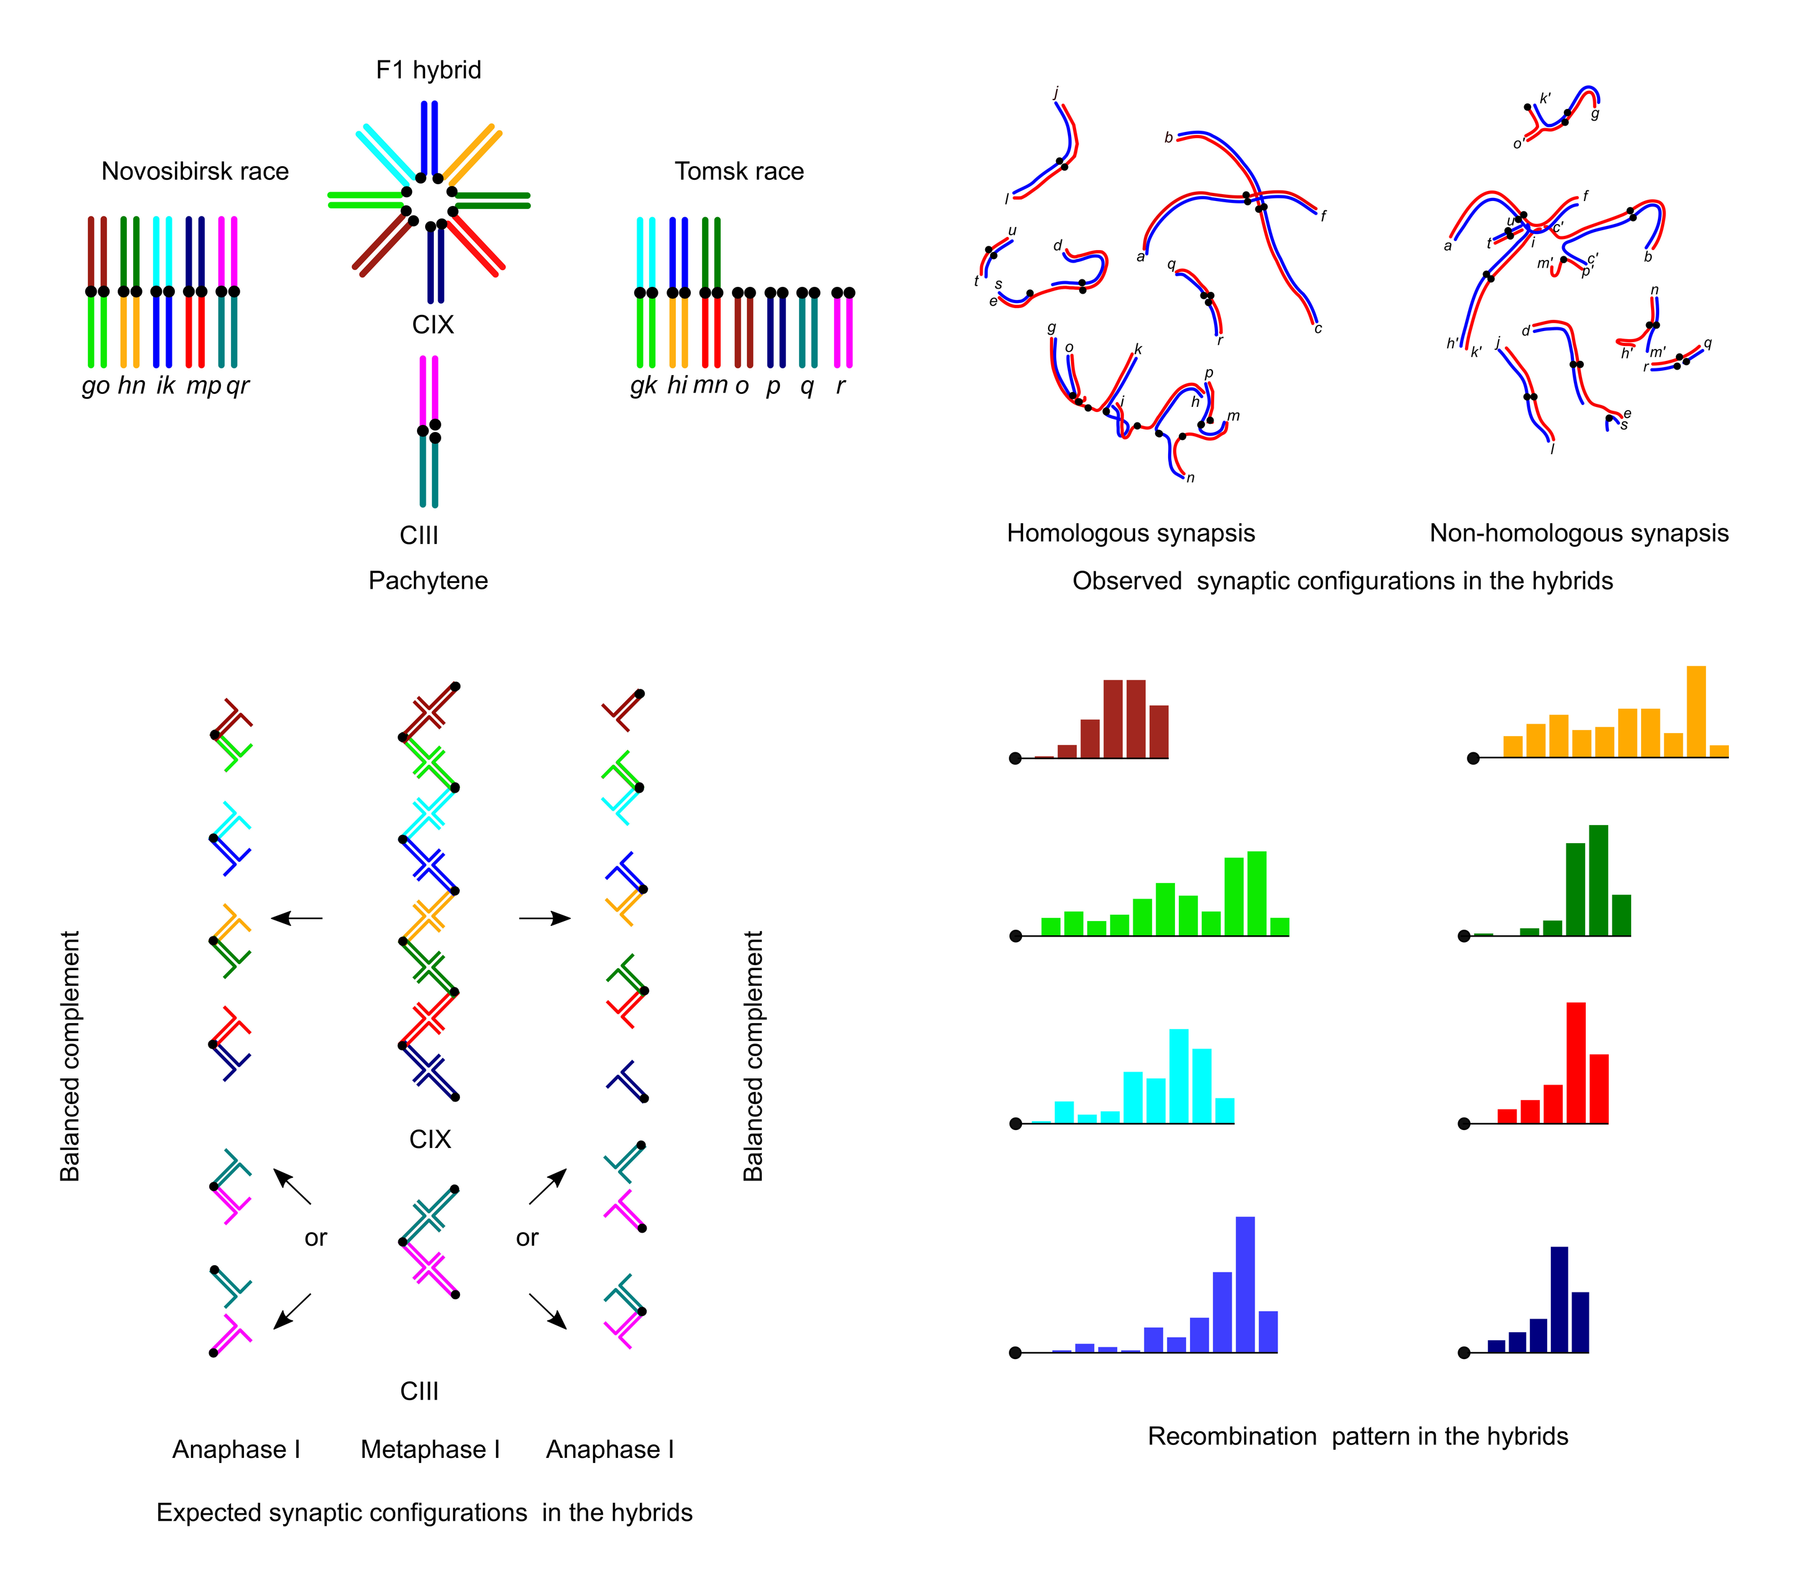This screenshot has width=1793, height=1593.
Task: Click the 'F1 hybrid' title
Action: click(x=428, y=70)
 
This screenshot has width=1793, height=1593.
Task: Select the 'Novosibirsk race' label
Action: click(x=195, y=171)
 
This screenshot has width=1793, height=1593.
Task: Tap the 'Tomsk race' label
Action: click(x=739, y=171)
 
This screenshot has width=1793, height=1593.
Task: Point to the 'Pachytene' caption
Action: click(x=428, y=581)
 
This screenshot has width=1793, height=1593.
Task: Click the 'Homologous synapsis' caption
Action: click(x=1131, y=533)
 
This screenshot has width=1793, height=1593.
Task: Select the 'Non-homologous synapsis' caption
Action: click(x=1579, y=533)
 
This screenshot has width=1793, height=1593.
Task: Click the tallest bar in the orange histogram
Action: click(x=1696, y=711)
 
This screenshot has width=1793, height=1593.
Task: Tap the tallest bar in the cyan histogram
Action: click(x=1179, y=1075)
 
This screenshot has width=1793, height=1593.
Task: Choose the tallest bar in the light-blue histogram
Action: click(x=1245, y=1284)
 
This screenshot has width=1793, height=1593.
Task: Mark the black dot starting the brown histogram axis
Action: click(x=1015, y=759)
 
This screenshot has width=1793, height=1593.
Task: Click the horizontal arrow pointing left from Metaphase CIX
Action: click(x=296, y=918)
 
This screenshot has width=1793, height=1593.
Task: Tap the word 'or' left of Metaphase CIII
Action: click(x=316, y=1238)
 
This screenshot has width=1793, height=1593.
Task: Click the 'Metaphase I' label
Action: click(x=430, y=1450)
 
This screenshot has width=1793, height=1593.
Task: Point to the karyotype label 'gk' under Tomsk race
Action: click(x=644, y=386)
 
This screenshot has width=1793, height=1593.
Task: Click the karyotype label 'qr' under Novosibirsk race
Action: click(x=238, y=386)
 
